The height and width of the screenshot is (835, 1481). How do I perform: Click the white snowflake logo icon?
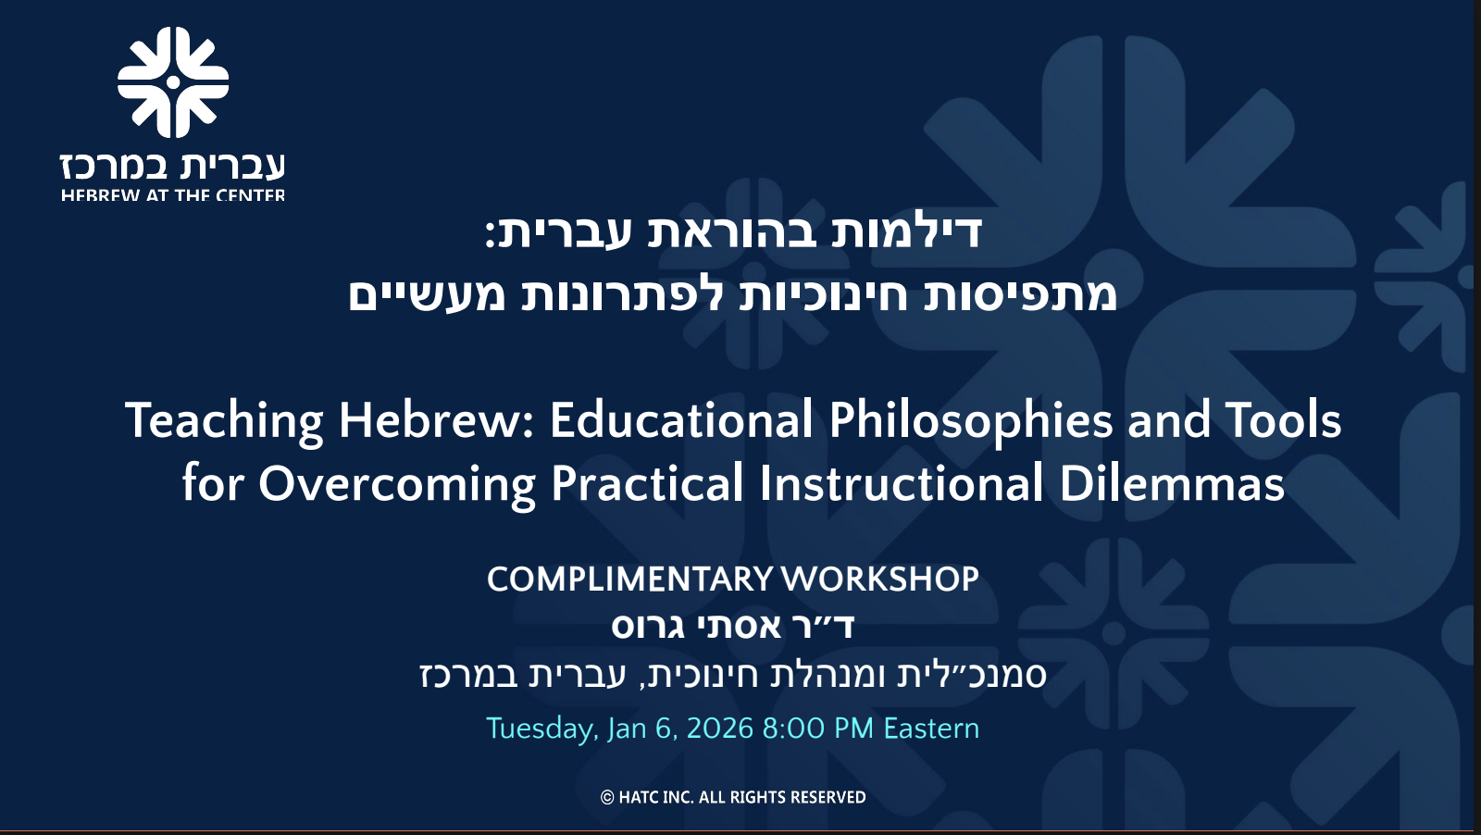tap(173, 82)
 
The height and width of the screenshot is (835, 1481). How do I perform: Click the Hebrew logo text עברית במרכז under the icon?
tap(172, 166)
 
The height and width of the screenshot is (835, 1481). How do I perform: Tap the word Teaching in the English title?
tap(224, 422)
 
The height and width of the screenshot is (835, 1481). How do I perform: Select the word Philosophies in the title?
tap(971, 422)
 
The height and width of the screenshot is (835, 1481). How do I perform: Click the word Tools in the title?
tap(1283, 420)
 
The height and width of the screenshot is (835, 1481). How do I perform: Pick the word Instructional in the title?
tap(902, 483)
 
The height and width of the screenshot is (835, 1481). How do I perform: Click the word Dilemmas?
tap(1172, 483)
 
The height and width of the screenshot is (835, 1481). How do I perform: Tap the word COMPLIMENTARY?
tap(630, 580)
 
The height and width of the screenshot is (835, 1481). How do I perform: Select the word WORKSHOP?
tap(880, 580)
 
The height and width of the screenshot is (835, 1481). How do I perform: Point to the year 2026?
tap(720, 729)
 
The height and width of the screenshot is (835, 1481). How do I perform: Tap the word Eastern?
tap(931, 729)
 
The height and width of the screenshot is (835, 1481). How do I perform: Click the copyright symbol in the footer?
tap(607, 797)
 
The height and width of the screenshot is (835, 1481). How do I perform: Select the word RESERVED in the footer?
tap(828, 797)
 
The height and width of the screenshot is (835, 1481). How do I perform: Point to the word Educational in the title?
tap(681, 420)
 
